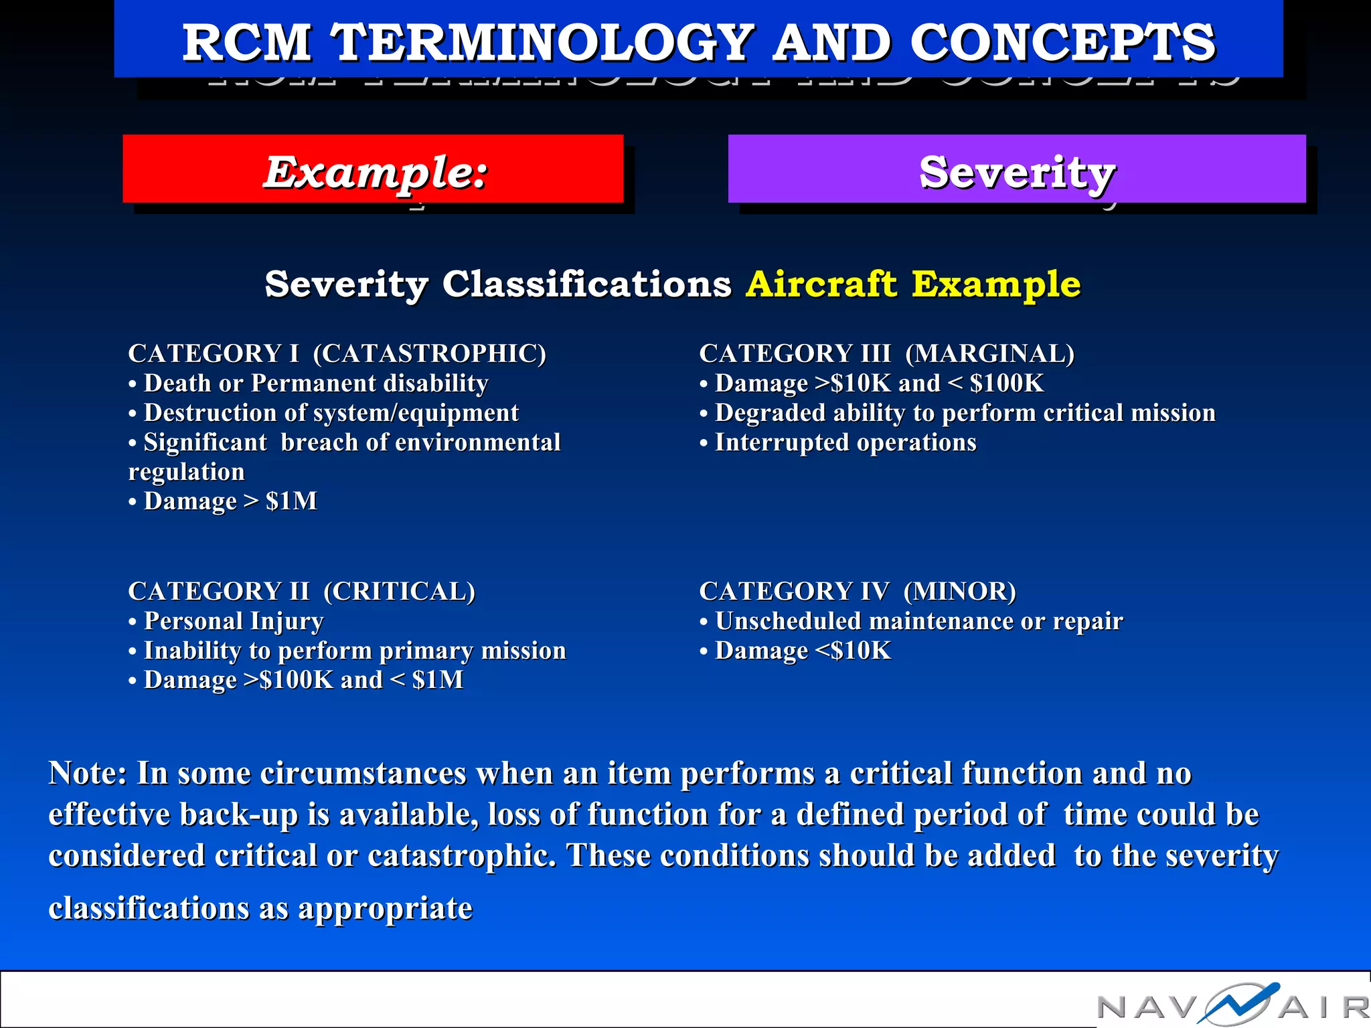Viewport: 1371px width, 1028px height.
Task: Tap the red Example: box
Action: [x=373, y=170]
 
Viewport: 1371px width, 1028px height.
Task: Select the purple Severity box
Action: [x=1016, y=170]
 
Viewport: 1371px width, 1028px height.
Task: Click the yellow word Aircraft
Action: [x=821, y=284]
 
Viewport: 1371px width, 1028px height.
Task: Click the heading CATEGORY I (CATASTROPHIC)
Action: [x=337, y=353]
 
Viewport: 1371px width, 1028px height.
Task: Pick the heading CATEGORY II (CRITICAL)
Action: [x=301, y=591]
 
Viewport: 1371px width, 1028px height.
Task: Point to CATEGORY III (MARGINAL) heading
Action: [x=886, y=353]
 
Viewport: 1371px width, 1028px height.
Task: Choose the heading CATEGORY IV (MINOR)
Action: [x=857, y=591]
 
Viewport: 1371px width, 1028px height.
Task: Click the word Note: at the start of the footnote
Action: [x=88, y=774]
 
